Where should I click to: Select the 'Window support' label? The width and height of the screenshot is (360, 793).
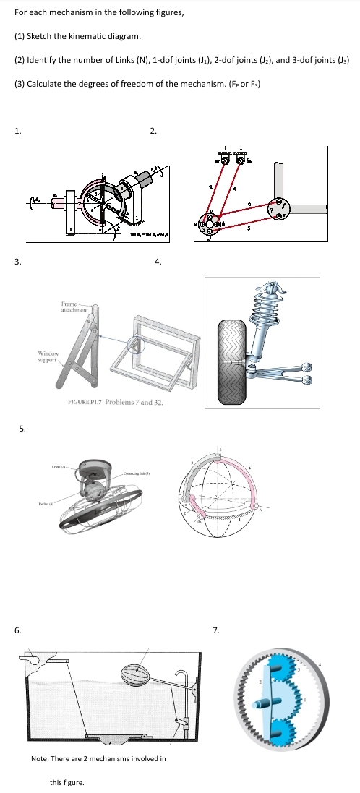(48, 356)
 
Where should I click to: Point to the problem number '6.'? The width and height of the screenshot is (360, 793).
(19, 630)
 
